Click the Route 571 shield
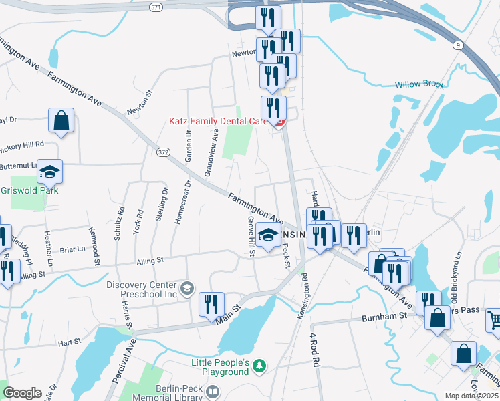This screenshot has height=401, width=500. [x=156, y=6]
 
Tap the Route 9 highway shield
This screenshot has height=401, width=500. [x=457, y=45]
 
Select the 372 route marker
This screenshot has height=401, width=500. [x=162, y=153]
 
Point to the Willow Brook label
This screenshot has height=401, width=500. [x=419, y=84]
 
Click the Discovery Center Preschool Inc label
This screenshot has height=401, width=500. [x=142, y=289]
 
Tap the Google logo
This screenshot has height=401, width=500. [x=22, y=393]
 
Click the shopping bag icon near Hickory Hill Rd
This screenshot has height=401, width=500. [x=61, y=121]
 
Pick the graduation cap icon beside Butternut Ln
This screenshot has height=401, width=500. [x=49, y=172]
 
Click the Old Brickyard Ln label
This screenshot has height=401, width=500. [x=456, y=267]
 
